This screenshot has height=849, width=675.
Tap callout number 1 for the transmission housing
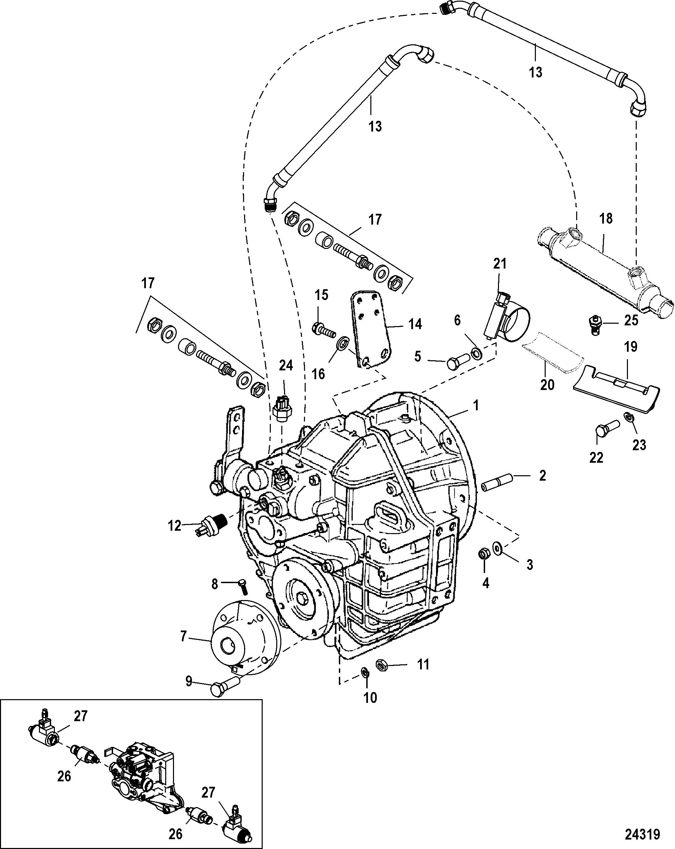pyautogui.click(x=476, y=405)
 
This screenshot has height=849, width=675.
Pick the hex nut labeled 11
pyautogui.click(x=382, y=665)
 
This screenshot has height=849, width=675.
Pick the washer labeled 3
pyautogui.click(x=497, y=547)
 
